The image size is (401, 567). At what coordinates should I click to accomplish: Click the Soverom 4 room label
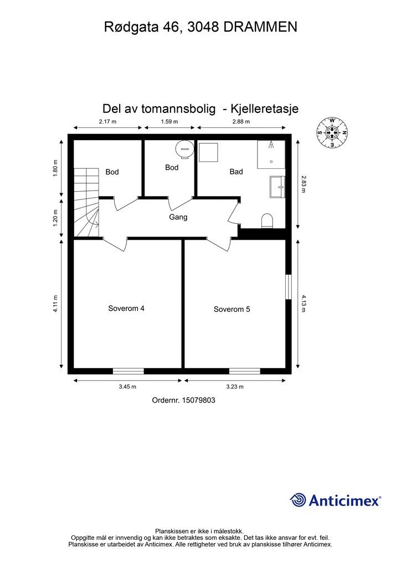point(126,308)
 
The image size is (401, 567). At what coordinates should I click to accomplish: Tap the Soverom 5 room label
point(232,309)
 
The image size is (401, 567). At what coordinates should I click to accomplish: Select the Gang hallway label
point(178,217)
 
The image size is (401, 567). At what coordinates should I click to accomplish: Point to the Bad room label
point(237,172)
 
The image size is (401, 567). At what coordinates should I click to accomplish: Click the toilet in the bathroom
point(267,220)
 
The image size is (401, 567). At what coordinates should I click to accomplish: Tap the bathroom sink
point(276,187)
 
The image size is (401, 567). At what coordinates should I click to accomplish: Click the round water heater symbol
point(183,149)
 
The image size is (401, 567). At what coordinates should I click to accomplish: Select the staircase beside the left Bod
point(86,203)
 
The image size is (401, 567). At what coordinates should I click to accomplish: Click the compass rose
point(332,133)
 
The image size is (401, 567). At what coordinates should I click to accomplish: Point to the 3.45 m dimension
point(127,387)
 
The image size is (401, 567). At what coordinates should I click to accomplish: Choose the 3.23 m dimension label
point(235,387)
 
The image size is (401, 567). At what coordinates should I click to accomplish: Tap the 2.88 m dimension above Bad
point(241,121)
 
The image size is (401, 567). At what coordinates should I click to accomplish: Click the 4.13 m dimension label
point(304,303)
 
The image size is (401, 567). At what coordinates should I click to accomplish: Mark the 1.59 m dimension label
point(169,121)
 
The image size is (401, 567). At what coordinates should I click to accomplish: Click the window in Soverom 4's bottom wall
point(128,371)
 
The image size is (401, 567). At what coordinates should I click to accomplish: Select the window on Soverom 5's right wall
point(289,286)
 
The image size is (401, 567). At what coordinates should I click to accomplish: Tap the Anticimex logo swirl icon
point(298,500)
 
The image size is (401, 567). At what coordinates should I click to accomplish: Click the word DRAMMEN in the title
point(260,27)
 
